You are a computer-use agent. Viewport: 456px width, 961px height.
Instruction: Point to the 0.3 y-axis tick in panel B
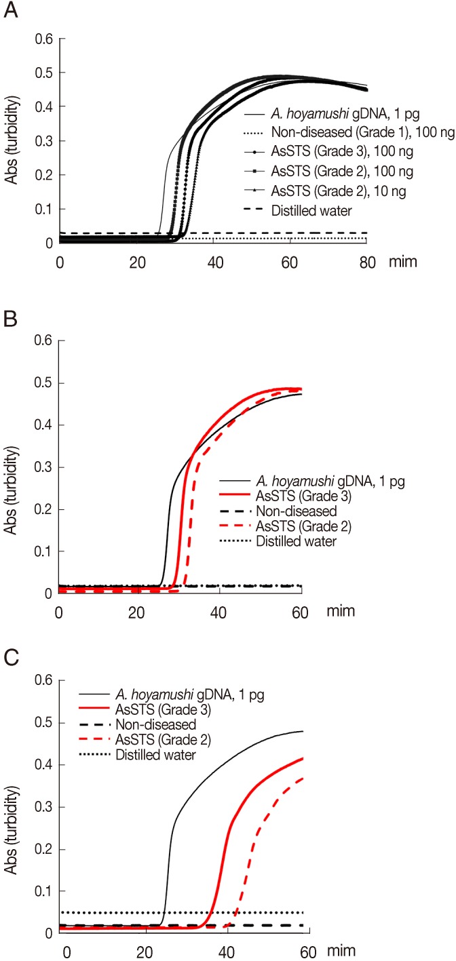pos(45,468)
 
